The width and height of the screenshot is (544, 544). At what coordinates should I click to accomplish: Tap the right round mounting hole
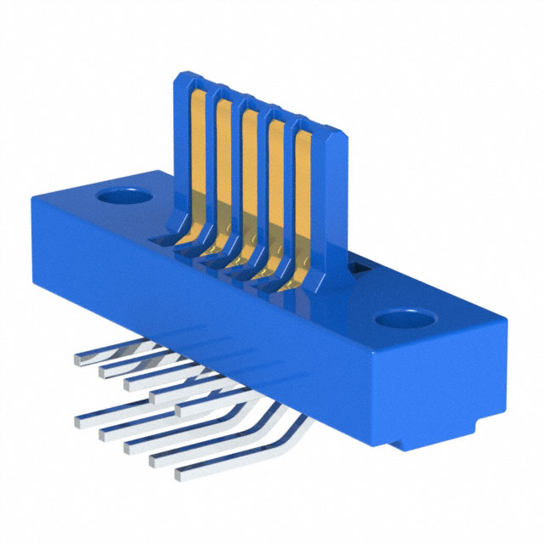coord(400,320)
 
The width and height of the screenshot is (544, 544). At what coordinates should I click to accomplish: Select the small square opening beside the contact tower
coord(358,270)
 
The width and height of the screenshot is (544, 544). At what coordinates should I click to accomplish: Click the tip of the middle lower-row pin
coord(129,445)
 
